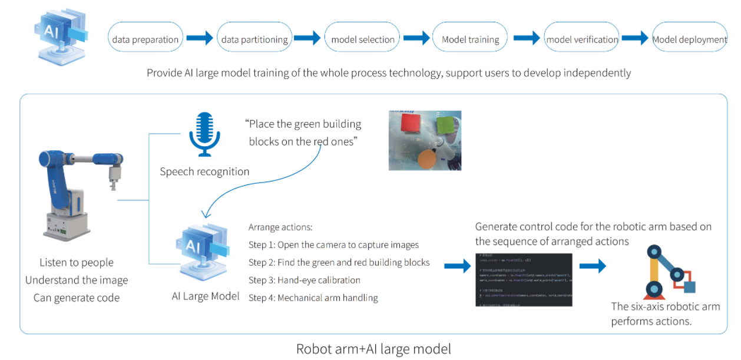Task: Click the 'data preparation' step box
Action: (145, 39)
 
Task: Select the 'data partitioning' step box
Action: (254, 39)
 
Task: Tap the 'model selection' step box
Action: (362, 39)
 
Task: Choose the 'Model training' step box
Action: (470, 39)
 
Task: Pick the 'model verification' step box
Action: (581, 39)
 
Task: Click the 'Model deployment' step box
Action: (689, 39)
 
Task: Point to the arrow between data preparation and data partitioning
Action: (200, 39)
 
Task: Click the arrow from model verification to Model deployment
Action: (634, 39)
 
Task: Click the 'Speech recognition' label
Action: (204, 172)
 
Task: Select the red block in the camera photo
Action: (409, 124)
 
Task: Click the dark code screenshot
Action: (524, 279)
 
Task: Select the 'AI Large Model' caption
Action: (205, 296)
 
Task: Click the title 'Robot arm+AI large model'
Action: (373, 349)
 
